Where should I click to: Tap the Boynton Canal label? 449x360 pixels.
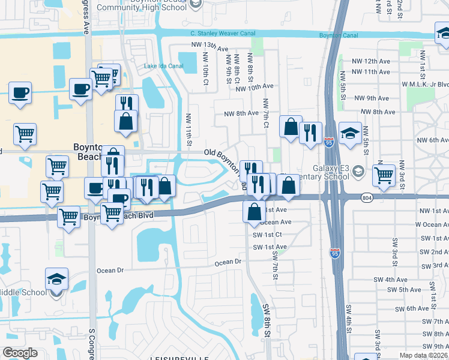tap(339, 36)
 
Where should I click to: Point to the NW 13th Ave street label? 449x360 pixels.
tap(210, 46)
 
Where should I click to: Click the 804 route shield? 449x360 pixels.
tap(368, 197)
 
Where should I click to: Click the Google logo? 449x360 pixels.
tap(19, 353)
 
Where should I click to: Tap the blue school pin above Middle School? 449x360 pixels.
tap(56, 279)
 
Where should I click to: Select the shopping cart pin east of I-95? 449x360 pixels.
tap(384, 175)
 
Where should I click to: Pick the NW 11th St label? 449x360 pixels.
tap(188, 129)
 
